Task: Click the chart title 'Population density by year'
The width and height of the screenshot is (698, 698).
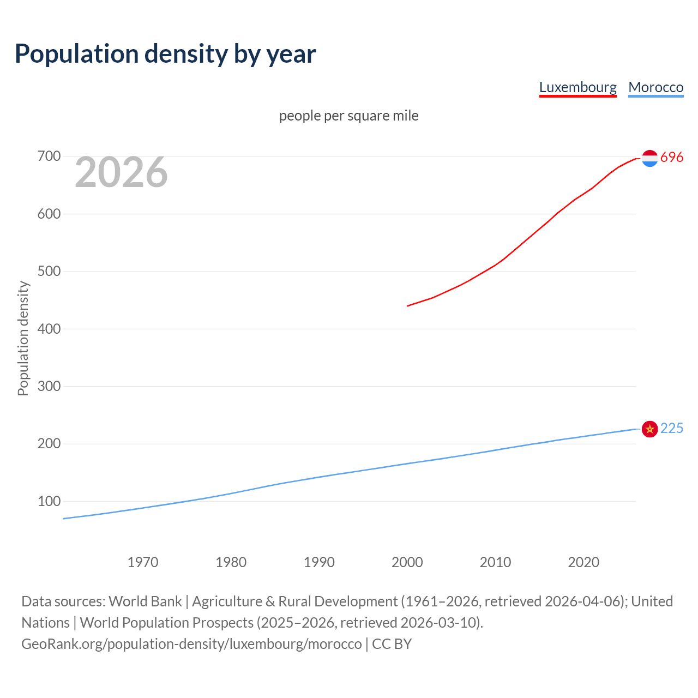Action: [165, 54]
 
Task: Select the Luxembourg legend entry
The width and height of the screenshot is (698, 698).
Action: [577, 87]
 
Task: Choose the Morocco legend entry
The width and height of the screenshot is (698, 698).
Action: [655, 87]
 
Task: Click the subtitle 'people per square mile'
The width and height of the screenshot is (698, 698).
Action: [348, 116]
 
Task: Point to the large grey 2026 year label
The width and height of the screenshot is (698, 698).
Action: [121, 172]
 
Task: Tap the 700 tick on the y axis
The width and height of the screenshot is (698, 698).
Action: [49, 157]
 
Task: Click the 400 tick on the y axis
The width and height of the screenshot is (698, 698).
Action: [49, 329]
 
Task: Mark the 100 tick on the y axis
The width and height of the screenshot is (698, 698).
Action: [49, 501]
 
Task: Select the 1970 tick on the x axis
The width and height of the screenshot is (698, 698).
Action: [143, 562]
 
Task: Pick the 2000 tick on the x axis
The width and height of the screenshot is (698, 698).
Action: [407, 562]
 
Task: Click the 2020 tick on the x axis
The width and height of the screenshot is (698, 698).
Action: [583, 562]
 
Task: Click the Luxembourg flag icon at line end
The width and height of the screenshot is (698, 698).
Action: [649, 158]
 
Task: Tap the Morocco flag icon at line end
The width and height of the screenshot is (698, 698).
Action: [649, 429]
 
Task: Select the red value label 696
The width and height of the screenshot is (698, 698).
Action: [672, 158]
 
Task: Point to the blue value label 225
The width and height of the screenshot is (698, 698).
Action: [672, 429]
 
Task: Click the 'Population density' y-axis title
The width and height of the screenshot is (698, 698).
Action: [23, 338]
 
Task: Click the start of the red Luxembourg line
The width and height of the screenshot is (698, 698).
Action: [408, 306]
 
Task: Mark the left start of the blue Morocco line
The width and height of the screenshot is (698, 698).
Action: [64, 519]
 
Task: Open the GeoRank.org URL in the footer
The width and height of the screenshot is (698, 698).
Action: [191, 644]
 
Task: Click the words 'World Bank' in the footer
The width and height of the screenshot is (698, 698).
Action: [145, 601]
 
